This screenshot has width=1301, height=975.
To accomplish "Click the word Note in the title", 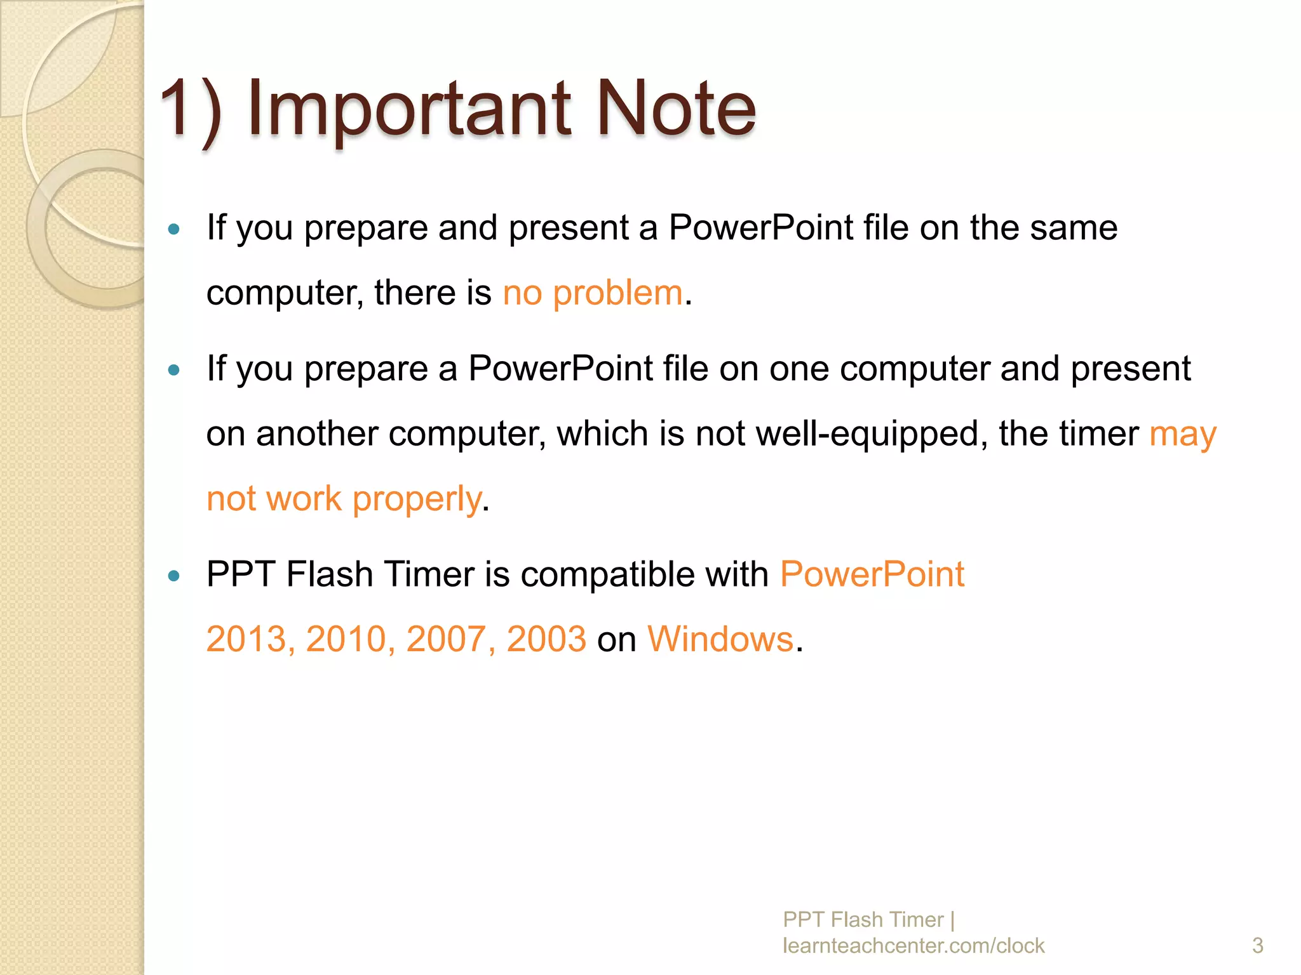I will (x=676, y=109).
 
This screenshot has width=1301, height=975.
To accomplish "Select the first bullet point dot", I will (x=174, y=229).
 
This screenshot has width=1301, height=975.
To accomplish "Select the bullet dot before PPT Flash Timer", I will (x=174, y=576).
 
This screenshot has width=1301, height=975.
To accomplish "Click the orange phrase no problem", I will (x=592, y=293).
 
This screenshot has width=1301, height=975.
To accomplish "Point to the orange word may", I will (x=1182, y=435).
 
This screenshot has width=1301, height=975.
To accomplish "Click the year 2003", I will (x=546, y=639).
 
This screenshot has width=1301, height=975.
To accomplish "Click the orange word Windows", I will (x=720, y=639).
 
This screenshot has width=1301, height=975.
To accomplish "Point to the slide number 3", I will (x=1257, y=945).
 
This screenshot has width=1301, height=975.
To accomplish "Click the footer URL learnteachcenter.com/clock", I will (x=913, y=945).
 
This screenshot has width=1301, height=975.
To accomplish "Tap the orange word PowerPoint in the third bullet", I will (x=872, y=574).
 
